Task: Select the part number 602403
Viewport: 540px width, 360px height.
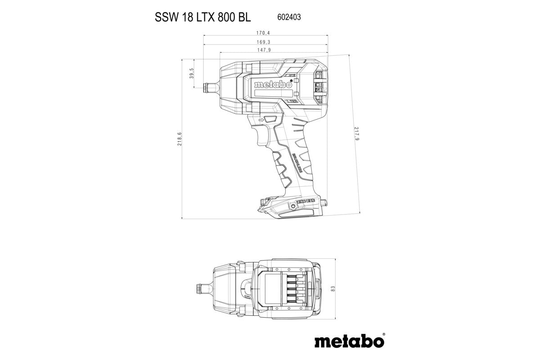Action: [x=287, y=17]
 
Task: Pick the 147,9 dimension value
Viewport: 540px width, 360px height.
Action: [x=264, y=50]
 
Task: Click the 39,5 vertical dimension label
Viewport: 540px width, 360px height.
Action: [x=191, y=73]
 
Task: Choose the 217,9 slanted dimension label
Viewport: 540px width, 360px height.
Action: [x=357, y=135]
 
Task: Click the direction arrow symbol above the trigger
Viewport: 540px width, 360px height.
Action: [x=261, y=120]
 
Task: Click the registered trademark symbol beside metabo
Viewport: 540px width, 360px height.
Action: [x=383, y=334]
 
